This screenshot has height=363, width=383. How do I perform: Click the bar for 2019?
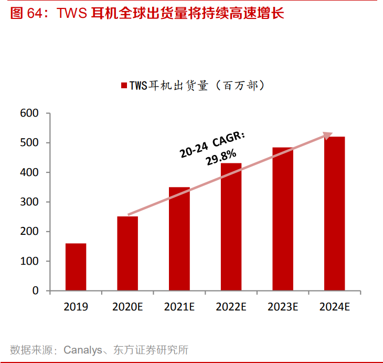pyautogui.click(x=76, y=267)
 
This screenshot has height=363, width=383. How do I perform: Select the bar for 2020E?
pyautogui.click(x=127, y=253)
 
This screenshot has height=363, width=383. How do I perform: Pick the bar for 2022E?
pyautogui.click(x=231, y=227)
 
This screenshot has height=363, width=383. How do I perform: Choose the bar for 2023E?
pyautogui.click(x=283, y=219)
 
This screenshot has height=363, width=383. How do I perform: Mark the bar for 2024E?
pyautogui.click(x=334, y=213)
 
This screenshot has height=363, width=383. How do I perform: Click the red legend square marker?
pyautogui.click(x=124, y=86)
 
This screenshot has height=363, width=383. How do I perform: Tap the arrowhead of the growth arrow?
pyautogui.click(x=328, y=136)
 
